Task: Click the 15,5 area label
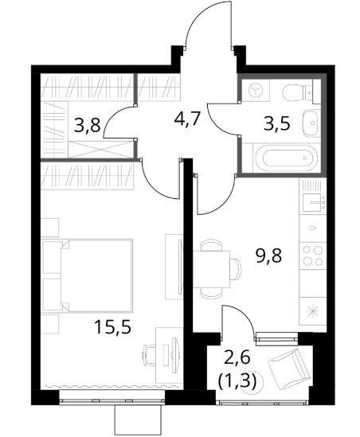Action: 112,326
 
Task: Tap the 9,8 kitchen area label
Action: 269,256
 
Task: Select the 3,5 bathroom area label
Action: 277,123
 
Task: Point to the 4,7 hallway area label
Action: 187,119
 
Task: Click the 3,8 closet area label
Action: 87,126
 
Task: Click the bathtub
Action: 286,158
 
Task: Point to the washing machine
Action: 256,90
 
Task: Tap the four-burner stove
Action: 312,256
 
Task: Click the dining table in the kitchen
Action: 211,269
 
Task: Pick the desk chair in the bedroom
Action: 149,354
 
